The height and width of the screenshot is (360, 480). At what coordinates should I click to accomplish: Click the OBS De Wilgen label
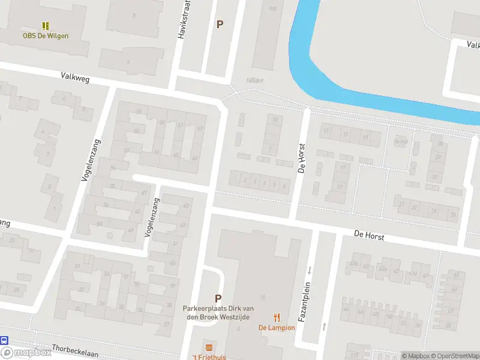coord(46,35)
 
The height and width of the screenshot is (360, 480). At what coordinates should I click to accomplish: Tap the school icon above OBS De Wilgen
coord(46,25)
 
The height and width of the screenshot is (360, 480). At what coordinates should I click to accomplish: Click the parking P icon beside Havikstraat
coord(220,25)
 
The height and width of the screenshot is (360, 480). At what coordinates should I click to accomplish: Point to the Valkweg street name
coord(74,76)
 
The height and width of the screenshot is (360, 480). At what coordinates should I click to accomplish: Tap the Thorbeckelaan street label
coord(74,354)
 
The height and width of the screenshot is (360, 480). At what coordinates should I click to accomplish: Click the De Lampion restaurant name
coord(277,328)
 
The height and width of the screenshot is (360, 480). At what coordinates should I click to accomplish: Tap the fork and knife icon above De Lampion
coord(277,317)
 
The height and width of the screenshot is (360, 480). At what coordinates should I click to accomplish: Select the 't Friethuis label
coord(209,357)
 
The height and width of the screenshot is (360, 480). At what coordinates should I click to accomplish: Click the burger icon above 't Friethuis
coord(209,347)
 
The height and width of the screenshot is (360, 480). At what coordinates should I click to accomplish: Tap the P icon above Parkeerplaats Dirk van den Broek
coord(218,298)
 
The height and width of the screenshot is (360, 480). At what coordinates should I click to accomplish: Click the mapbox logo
coord(26,353)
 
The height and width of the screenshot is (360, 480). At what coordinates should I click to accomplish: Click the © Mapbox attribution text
coord(416,356)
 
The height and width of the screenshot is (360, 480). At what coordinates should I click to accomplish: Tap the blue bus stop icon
coord(4,340)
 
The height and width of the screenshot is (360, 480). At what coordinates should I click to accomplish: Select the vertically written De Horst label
coord(302,158)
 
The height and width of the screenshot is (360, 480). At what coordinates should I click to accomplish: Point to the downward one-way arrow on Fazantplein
coord(310,270)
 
